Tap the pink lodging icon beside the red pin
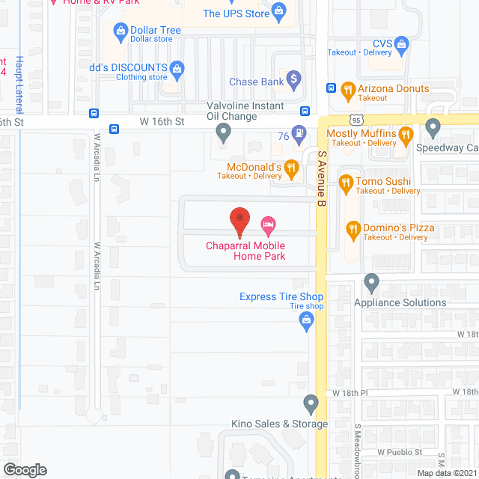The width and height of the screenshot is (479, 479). pos(268,225)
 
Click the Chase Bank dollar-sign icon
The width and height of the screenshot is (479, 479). pos(294,77)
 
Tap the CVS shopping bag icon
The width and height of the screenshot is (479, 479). pos(401,44)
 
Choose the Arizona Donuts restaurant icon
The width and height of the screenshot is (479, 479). pos(347,92)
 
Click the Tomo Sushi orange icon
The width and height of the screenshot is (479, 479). pos(345,181)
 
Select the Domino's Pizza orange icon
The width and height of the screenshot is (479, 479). pos(353,228)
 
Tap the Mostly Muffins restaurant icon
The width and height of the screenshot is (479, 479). pos(406,135)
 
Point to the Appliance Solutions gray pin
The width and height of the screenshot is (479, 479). pos(371,284)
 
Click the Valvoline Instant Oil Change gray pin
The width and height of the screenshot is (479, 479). pos(223,133)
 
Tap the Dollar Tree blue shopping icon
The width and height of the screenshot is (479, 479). pos(120,31)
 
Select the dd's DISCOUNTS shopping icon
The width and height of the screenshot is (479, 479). pos(177,69)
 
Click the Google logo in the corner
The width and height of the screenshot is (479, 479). pos(24,469)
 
